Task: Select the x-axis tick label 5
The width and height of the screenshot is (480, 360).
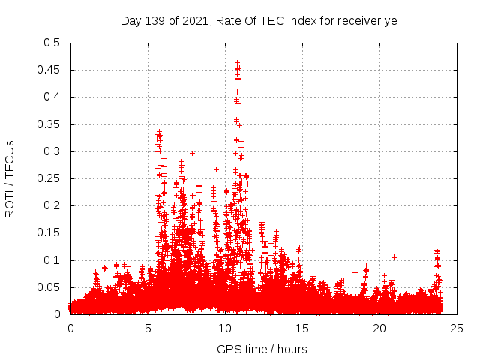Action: (x=148, y=328)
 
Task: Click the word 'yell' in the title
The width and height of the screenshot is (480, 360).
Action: (x=393, y=21)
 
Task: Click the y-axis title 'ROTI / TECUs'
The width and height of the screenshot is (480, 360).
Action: (x=10, y=178)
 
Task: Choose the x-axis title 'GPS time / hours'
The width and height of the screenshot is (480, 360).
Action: (x=262, y=349)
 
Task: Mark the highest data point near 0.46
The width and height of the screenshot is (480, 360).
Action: (x=238, y=63)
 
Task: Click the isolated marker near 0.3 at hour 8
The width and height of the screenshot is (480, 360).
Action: (x=193, y=153)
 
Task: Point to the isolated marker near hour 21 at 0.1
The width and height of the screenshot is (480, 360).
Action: (x=394, y=257)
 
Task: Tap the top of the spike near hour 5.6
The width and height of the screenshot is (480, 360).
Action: (x=157, y=127)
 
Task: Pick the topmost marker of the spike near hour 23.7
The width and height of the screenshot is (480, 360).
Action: (x=436, y=250)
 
